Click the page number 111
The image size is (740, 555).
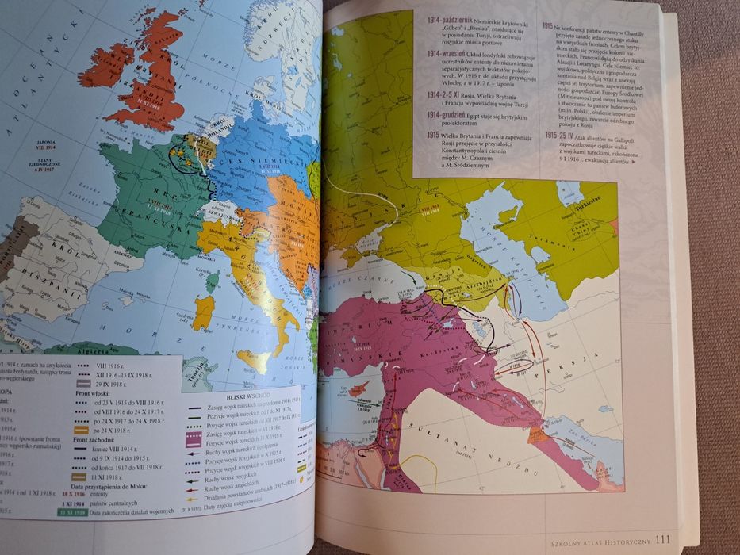pos(665,541)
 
